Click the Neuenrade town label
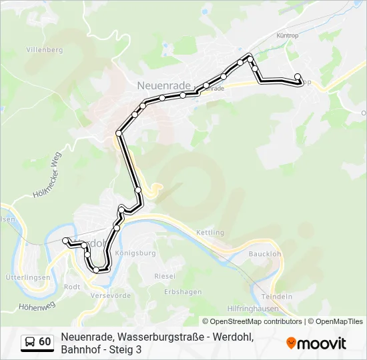coord(163,85)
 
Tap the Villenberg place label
coord(44,50)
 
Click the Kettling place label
coord(210,233)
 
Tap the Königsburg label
coord(135,254)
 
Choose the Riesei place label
coord(165,275)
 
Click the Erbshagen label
coord(183,292)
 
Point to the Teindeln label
coord(277,296)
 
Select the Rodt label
coord(72,287)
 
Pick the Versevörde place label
coord(109,295)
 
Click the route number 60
coord(45,342)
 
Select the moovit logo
coord(316,343)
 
